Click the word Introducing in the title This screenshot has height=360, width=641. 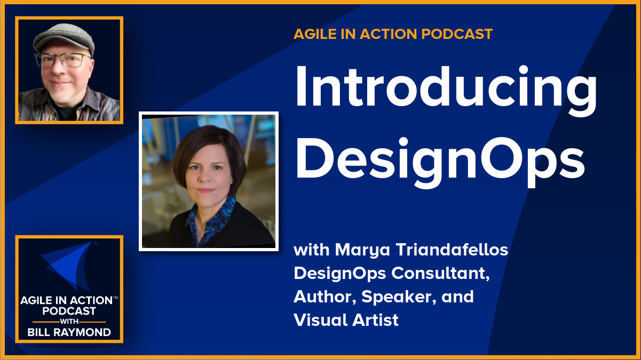point(446,91)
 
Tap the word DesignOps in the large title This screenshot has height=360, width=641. point(440,163)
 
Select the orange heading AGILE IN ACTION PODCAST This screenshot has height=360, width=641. point(393,34)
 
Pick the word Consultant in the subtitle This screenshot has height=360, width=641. point(440,274)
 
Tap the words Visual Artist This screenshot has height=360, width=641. point(346,320)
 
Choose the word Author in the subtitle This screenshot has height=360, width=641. point(325,297)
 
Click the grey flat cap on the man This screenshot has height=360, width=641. point(65,38)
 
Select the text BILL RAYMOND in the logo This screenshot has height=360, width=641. point(69,333)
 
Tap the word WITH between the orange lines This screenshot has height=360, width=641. point(69,322)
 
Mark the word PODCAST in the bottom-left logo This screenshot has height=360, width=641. point(69,311)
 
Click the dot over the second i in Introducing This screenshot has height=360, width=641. point(523,70)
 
